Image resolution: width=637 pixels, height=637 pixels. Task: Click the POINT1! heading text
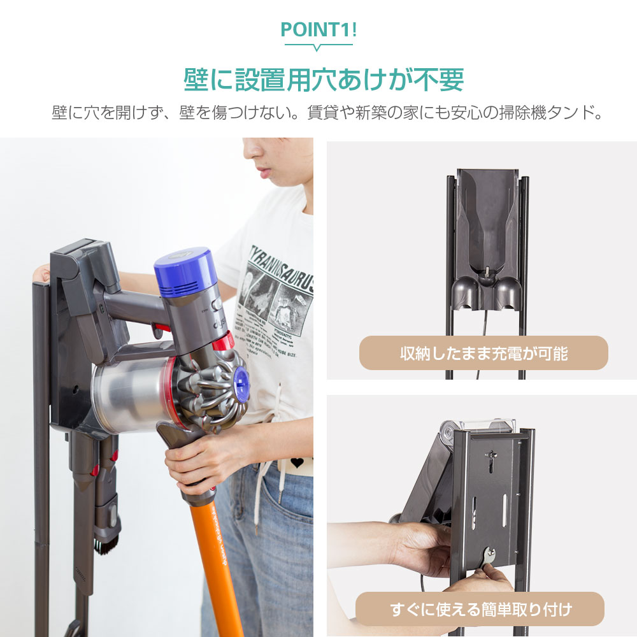[318, 30]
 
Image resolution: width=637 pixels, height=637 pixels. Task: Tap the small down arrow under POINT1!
[318, 48]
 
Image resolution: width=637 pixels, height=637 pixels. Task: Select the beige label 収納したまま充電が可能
[483, 353]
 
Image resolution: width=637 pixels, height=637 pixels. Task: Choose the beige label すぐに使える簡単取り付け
[479, 609]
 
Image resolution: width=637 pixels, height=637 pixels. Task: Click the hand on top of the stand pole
[42, 274]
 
